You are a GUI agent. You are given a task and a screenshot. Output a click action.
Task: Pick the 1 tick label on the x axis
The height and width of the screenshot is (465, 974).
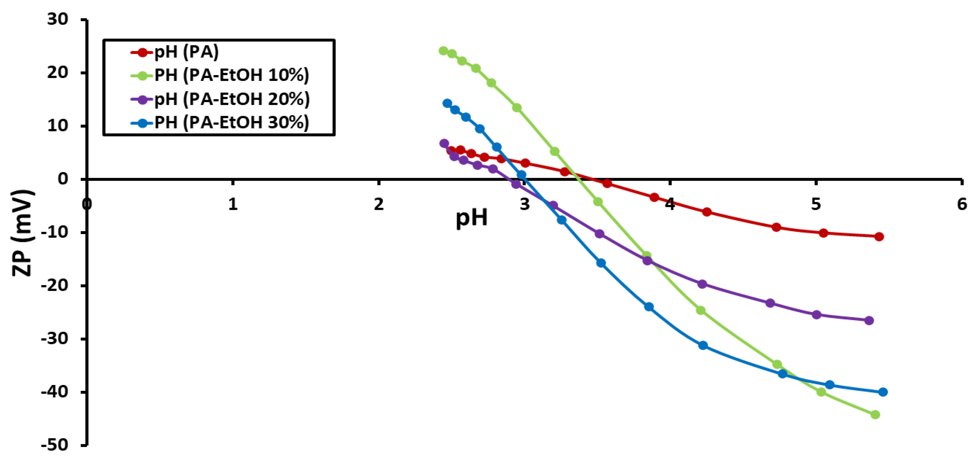pos(233,204)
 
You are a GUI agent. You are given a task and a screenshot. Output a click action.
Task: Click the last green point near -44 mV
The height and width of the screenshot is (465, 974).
pos(875,415)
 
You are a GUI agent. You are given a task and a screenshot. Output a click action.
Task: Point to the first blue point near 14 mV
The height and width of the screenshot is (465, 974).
pos(447,103)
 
